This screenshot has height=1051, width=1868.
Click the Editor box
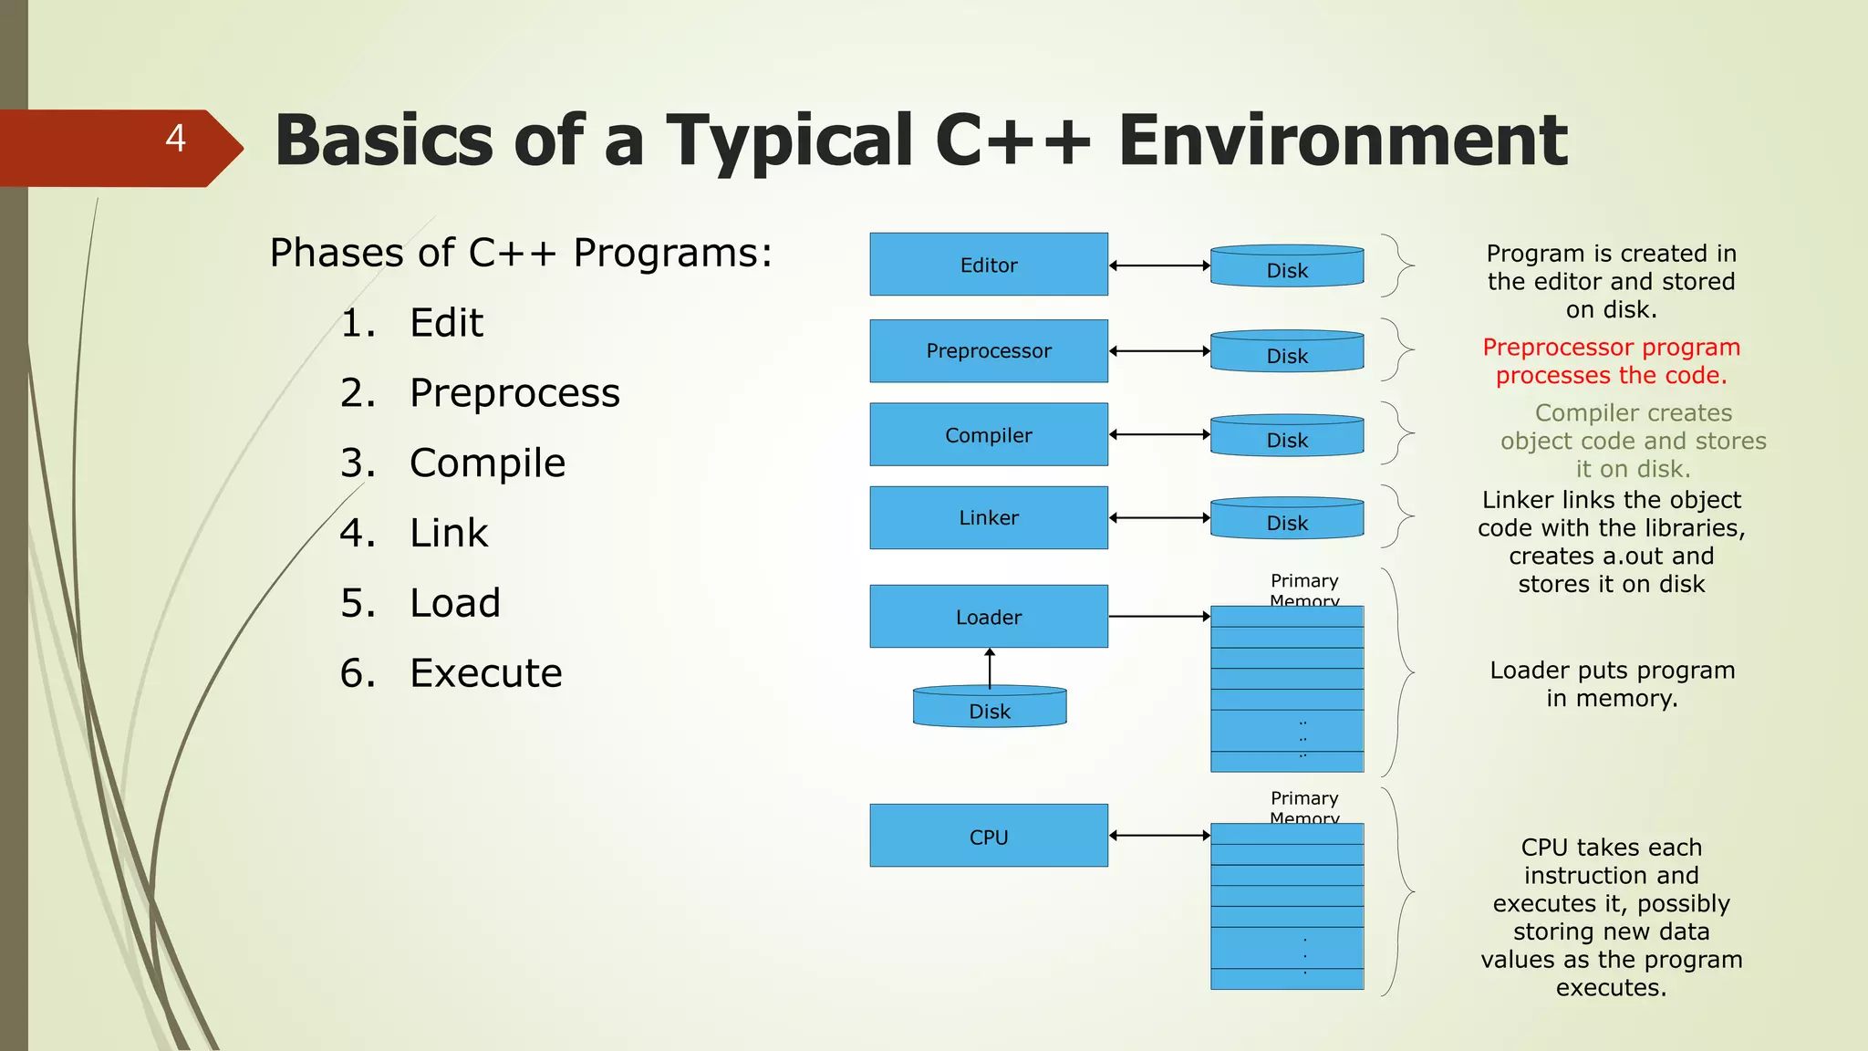(x=989, y=265)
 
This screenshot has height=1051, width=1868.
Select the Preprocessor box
(x=989, y=350)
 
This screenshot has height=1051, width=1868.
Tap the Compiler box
(x=989, y=434)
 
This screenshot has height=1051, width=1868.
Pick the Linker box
(x=989, y=517)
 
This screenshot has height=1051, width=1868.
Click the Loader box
(x=989, y=617)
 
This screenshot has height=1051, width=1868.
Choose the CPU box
(x=989, y=836)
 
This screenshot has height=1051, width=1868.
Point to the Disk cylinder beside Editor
(x=1287, y=266)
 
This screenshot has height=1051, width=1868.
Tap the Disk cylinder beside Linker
(x=1287, y=519)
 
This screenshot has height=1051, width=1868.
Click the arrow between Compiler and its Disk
(x=1159, y=435)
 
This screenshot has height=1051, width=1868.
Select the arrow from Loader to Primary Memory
(x=1159, y=617)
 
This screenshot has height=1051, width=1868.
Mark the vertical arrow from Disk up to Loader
(x=990, y=667)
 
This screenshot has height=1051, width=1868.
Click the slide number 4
(x=176, y=139)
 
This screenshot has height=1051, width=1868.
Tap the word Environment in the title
(x=1343, y=140)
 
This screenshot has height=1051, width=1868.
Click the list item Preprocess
(x=514, y=393)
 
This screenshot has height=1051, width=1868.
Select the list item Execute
(x=485, y=673)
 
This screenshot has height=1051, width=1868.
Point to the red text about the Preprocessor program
(x=1611, y=361)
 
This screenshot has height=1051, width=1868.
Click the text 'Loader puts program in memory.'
(x=1612, y=684)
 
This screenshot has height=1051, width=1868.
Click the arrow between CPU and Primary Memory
(x=1159, y=836)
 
